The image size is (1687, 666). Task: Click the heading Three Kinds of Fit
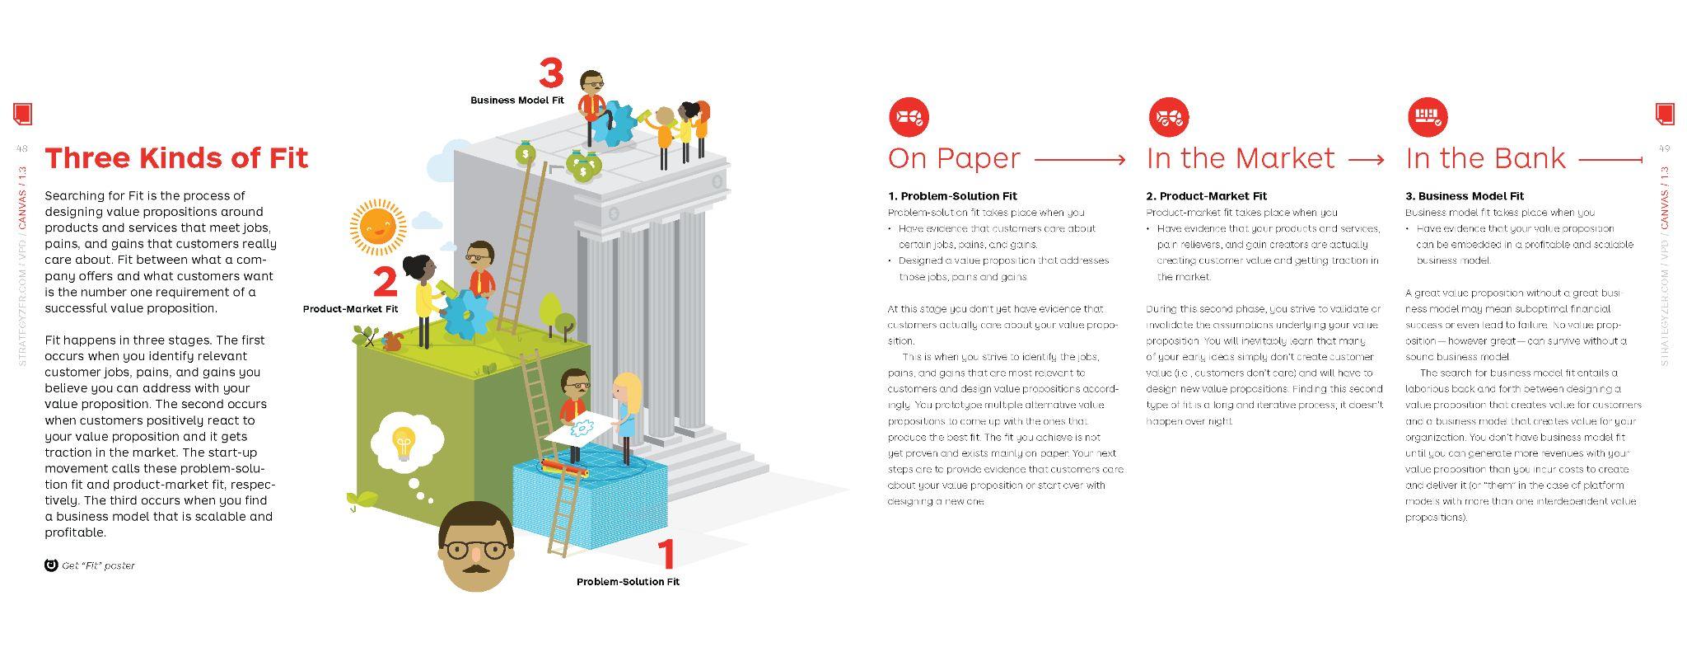(x=176, y=157)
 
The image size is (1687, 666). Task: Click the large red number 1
(x=666, y=554)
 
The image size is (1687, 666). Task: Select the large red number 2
(x=385, y=282)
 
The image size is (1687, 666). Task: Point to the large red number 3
(x=551, y=73)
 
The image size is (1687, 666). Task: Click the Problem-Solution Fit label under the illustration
(x=628, y=582)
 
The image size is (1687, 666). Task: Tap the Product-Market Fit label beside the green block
(x=350, y=309)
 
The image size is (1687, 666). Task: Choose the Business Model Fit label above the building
(x=517, y=101)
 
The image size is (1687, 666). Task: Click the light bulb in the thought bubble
(x=403, y=443)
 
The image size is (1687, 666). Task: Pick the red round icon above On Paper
(x=909, y=117)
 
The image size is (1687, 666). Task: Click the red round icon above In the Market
(x=1168, y=117)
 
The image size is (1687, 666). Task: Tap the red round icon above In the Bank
(x=1427, y=117)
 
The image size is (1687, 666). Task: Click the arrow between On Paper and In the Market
(x=1080, y=159)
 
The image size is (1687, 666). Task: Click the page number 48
(x=22, y=149)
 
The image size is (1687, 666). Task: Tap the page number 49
(x=1664, y=149)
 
